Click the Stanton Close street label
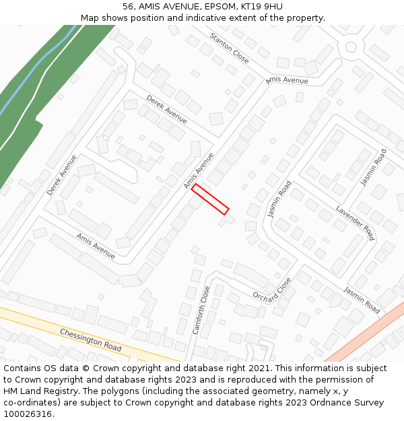pos(229,48)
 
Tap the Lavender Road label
pos(355,223)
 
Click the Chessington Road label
pos(90,340)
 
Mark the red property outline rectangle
pos(210,199)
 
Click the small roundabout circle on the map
pos(350,47)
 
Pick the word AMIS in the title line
pos(150,7)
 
